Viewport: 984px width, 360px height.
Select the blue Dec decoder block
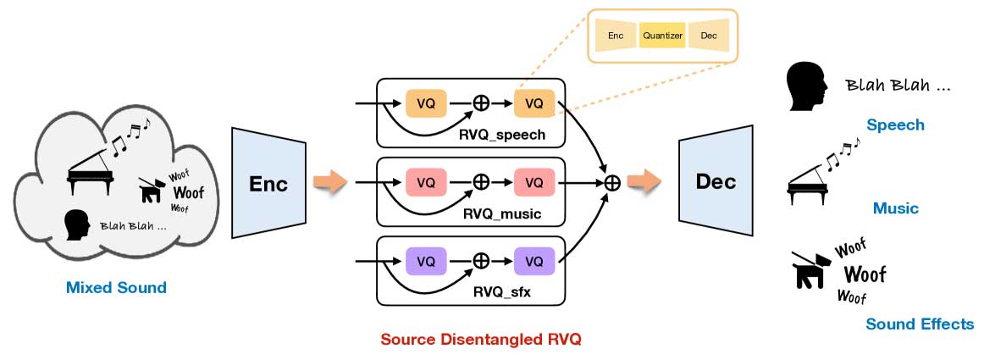716,181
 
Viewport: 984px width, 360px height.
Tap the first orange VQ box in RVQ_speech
426,103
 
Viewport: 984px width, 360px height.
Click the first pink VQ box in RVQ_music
426,182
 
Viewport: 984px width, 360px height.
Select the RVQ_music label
502,214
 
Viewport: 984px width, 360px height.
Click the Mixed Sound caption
116,288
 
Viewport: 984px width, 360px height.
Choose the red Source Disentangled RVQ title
481,340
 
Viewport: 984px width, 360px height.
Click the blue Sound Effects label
920,324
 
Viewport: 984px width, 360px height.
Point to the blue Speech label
895,125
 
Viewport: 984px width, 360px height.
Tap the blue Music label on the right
895,208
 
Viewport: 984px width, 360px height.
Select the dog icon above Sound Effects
812,269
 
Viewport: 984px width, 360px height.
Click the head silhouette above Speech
804,87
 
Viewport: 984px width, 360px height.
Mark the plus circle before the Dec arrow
612,181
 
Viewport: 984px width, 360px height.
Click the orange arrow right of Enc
331,181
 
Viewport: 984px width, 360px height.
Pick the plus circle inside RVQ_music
481,182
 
